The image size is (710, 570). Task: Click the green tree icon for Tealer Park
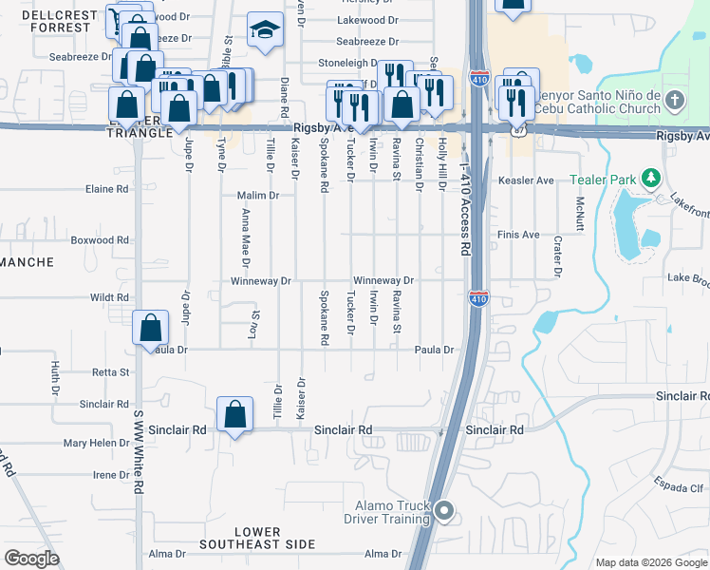tap(650, 179)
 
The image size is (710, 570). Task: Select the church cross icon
tap(673, 100)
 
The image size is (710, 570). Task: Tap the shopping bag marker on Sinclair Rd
tap(235, 415)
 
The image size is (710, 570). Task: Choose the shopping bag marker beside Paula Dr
tap(151, 330)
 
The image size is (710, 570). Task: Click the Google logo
tap(31, 559)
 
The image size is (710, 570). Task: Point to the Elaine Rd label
tap(106, 189)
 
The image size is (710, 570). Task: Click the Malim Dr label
tap(257, 196)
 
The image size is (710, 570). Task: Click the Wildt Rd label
tap(108, 297)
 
